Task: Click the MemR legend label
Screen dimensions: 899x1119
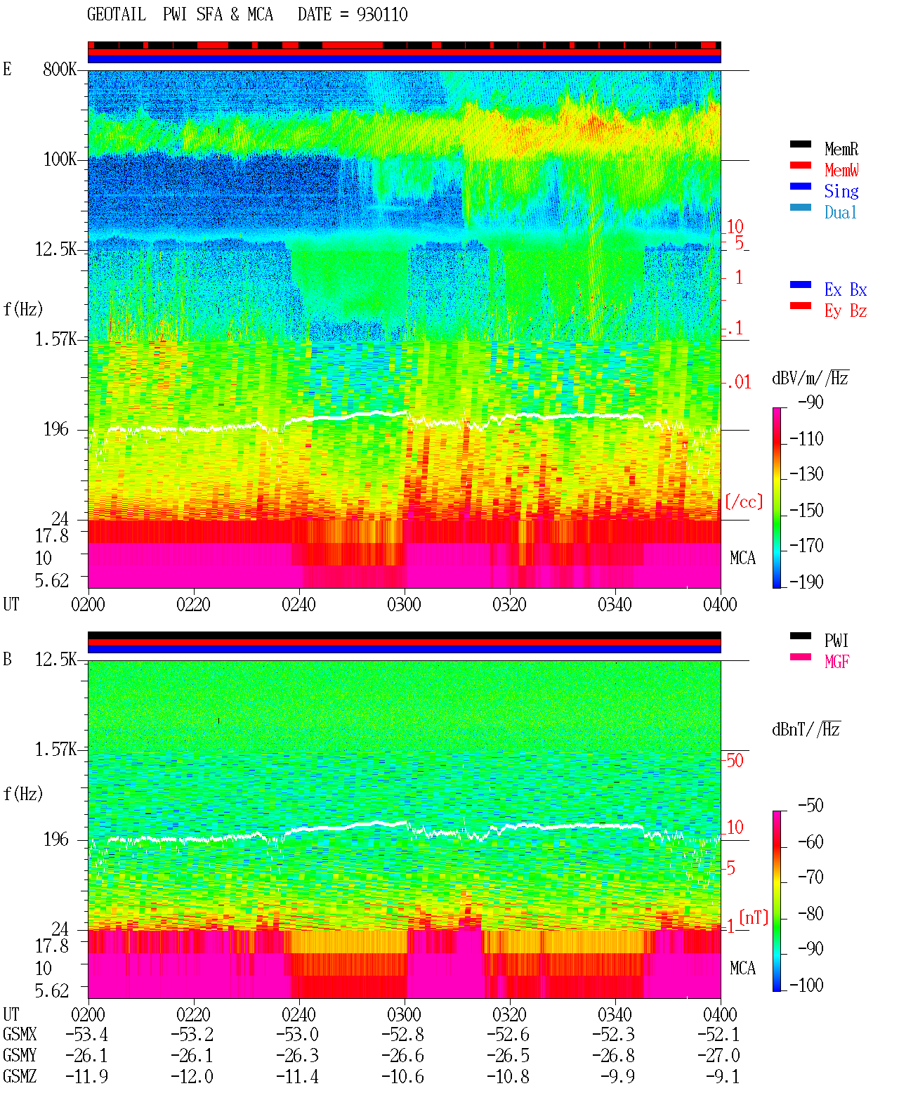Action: pyautogui.click(x=841, y=149)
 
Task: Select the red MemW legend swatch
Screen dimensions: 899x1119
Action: pyautogui.click(x=800, y=165)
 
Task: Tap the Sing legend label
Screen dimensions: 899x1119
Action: pyautogui.click(x=841, y=191)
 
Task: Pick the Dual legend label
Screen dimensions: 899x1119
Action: pyautogui.click(x=840, y=212)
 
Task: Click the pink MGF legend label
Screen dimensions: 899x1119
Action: pyautogui.click(x=836, y=662)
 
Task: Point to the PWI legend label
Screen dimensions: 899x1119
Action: pyautogui.click(x=836, y=641)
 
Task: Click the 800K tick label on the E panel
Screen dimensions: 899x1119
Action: pyautogui.click(x=60, y=69)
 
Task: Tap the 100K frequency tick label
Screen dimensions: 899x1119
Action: pyautogui.click(x=60, y=159)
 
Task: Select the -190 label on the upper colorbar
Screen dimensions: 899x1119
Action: pyautogui.click(x=806, y=582)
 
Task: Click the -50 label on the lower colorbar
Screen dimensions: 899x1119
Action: pyautogui.click(x=811, y=806)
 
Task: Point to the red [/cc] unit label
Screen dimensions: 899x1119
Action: pyautogui.click(x=744, y=502)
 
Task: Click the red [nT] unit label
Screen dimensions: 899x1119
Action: pyautogui.click(x=754, y=917)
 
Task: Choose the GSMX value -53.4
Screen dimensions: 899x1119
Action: pyautogui.click(x=87, y=1035)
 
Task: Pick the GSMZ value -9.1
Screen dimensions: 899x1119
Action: pyautogui.click(x=722, y=1076)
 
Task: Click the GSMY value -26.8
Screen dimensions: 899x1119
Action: pyautogui.click(x=614, y=1056)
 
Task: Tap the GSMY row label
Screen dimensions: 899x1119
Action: pyautogui.click(x=20, y=1056)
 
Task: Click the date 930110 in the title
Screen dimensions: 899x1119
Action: pyautogui.click(x=382, y=15)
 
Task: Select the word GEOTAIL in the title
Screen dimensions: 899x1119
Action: pyautogui.click(x=117, y=15)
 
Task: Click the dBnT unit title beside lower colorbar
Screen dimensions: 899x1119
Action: pyautogui.click(x=806, y=729)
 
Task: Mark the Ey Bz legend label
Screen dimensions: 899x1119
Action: pyautogui.click(x=846, y=311)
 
